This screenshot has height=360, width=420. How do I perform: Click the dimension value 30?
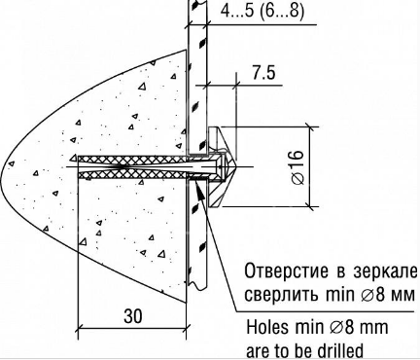133,315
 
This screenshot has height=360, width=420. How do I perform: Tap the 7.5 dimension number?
263,73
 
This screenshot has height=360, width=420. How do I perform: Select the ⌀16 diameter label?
298,166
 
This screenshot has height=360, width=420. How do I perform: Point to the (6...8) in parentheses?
282,11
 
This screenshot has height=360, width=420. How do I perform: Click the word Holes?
267,327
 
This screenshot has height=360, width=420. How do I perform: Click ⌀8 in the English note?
341,327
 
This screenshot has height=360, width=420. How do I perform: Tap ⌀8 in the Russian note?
372,295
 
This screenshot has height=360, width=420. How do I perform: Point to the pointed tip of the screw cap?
237,167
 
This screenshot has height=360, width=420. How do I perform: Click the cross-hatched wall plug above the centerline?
133,159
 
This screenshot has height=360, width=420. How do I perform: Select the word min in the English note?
309,327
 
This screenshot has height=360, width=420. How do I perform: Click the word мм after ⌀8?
402,296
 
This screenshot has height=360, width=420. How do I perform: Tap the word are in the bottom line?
259,351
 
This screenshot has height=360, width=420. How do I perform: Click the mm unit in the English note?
374,328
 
